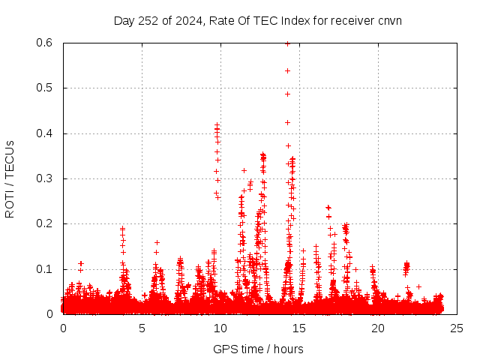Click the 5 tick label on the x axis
pos(142,328)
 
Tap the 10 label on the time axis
pos(220,328)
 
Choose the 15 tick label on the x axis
pos(299,328)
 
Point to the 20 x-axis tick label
pos(378,328)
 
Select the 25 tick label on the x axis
pos(457,328)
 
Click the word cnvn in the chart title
pos(389,20)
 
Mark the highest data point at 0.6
pos(287,43)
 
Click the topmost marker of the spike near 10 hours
pos(217,125)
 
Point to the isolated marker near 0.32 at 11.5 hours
pos(244,170)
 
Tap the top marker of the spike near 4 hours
pos(122,229)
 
